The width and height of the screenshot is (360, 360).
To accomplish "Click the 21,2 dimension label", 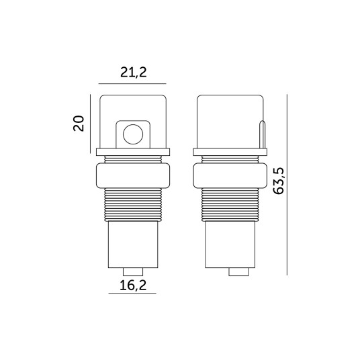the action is point(134,73).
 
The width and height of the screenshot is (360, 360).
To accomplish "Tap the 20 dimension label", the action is point(79,124).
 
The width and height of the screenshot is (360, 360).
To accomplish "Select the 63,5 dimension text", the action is point(279,181).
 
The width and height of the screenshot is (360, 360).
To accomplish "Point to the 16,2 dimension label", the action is point(133,285).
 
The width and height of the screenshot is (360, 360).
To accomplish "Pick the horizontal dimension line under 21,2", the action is point(132,83).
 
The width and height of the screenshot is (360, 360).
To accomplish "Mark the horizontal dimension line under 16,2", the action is point(132,294).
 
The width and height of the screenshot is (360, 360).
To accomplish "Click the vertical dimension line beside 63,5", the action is point(287,185).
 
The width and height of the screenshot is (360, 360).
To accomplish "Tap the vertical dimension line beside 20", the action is point(90,124).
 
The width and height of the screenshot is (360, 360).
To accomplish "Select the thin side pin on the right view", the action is point(262,134).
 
